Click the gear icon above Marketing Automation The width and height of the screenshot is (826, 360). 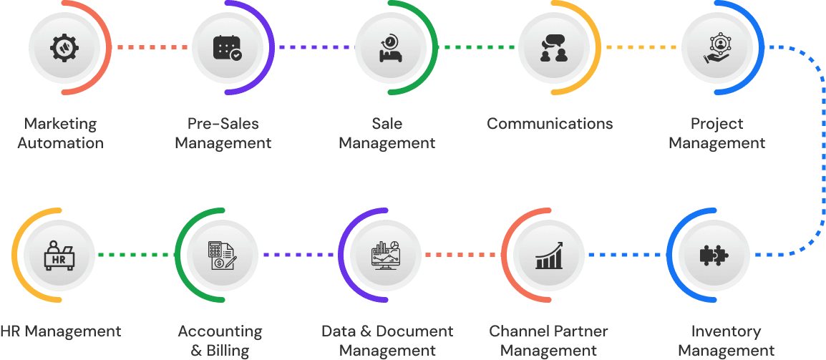point(60,47)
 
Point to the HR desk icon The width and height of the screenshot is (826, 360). point(60,255)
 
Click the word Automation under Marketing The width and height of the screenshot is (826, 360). point(60,143)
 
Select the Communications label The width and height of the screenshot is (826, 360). point(550,124)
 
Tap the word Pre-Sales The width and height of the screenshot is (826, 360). point(223,124)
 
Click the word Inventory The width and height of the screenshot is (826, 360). point(726,331)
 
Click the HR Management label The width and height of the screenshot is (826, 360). point(60,331)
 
